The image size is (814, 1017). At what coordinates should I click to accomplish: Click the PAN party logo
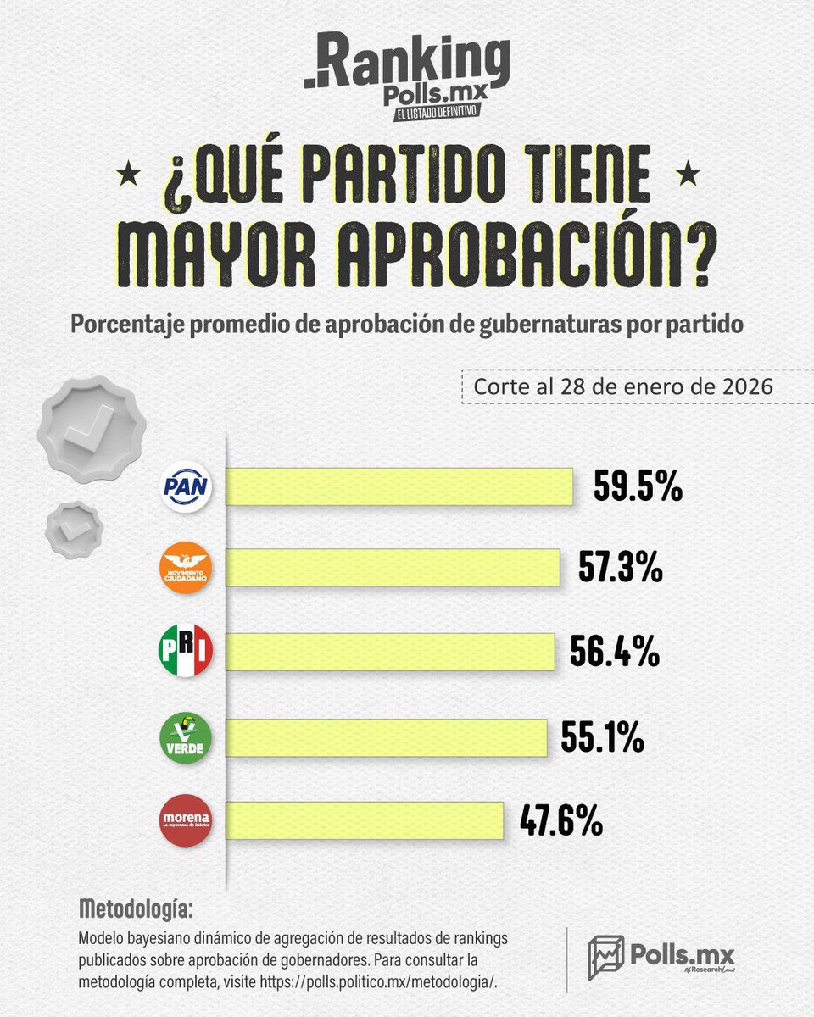click(x=186, y=488)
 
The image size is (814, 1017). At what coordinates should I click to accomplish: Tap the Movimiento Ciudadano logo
click(x=186, y=567)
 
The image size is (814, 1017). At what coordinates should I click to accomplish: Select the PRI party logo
click(x=186, y=652)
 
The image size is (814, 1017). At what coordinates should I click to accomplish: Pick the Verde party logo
click(x=186, y=737)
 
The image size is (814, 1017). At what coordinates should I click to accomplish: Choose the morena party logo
click(x=186, y=820)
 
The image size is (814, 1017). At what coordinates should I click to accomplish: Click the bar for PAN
click(x=399, y=489)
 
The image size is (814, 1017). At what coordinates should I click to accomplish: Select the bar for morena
click(x=365, y=821)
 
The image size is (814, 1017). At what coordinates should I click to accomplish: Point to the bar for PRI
click(x=391, y=653)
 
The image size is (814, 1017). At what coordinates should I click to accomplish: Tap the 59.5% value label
click(x=638, y=489)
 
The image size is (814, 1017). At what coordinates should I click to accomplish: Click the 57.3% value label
click(x=621, y=569)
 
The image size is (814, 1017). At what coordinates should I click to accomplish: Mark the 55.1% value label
click(x=603, y=737)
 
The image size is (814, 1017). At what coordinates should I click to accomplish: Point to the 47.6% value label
click(x=561, y=821)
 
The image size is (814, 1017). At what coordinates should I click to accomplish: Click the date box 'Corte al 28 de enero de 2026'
click(x=616, y=386)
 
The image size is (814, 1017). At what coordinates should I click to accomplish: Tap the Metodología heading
click(x=135, y=909)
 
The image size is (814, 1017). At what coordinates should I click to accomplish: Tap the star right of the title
click(x=683, y=176)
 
